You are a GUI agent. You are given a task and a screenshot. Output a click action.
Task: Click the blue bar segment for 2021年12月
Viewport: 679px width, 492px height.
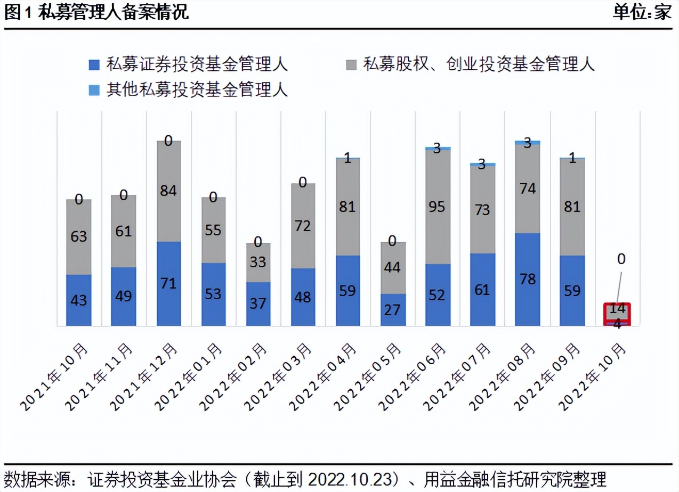point(168,283)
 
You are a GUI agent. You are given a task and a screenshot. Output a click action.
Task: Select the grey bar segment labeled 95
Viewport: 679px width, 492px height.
point(438,207)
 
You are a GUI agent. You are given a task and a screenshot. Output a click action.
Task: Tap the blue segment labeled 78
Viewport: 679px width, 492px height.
point(527,279)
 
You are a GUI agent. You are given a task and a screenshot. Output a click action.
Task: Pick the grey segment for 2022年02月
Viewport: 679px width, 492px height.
point(258,262)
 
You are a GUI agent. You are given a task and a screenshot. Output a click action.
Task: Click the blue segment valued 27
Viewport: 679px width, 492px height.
point(393,309)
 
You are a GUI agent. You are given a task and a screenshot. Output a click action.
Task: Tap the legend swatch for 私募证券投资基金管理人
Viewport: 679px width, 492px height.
point(95,64)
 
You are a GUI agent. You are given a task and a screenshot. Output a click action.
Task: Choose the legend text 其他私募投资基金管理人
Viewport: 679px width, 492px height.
point(197,89)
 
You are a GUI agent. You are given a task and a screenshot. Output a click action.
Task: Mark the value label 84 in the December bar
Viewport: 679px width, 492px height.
point(168,191)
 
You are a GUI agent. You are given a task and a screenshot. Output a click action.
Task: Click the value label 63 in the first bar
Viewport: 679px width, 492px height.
point(79,236)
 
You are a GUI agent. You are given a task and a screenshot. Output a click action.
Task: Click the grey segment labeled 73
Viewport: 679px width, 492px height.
point(482,209)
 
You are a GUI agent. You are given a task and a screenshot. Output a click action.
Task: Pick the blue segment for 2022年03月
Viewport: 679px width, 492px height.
point(303,297)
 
